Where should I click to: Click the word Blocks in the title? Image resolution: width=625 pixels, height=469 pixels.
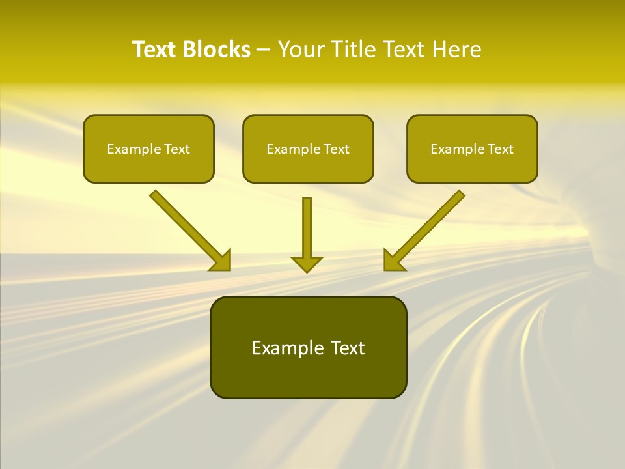point(217,50)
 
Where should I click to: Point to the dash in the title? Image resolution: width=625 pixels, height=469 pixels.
point(264,50)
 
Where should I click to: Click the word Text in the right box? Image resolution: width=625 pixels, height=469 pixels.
point(500,149)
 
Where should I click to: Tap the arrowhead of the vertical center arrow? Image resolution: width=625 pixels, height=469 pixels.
point(307,263)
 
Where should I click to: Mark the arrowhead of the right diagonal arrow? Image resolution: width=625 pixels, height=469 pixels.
point(393,261)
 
